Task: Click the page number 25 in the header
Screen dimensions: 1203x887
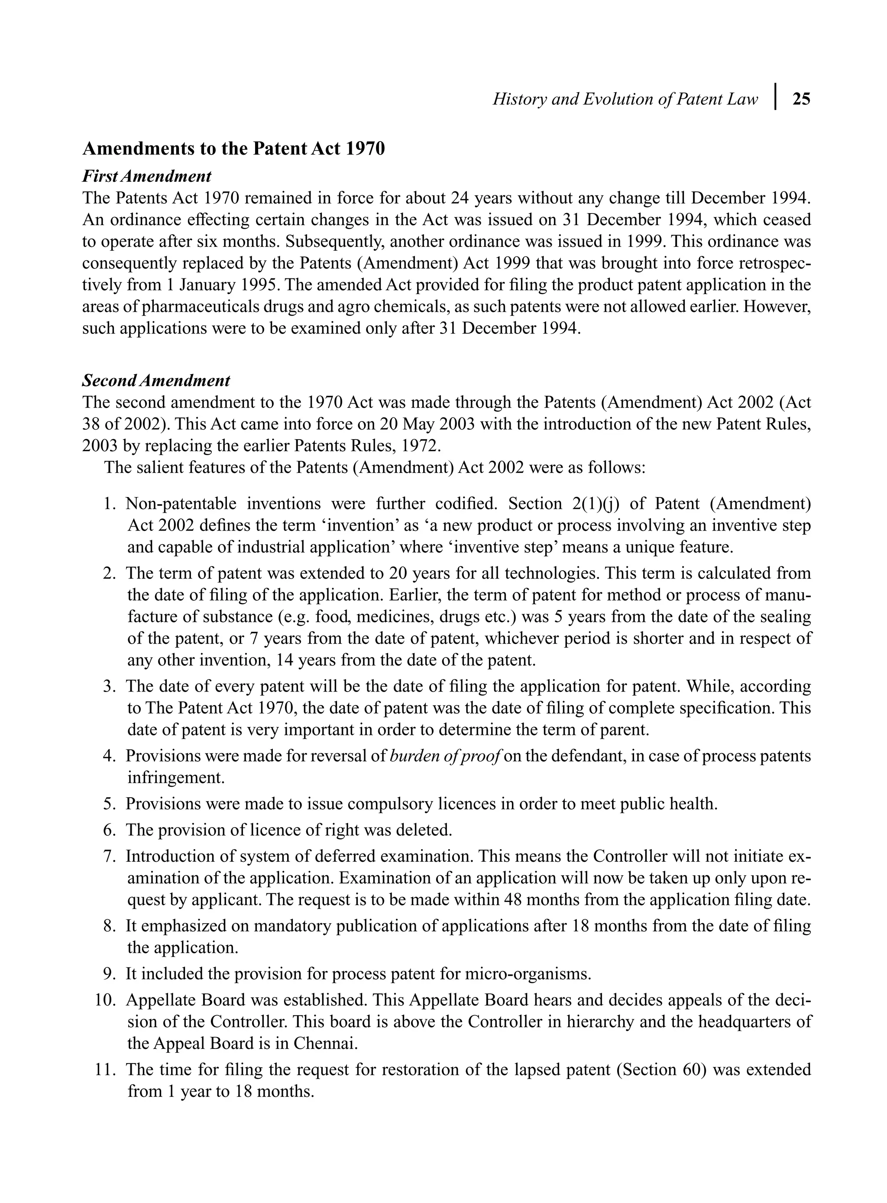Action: pos(801,99)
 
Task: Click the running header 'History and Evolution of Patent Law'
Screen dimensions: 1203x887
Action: pos(625,99)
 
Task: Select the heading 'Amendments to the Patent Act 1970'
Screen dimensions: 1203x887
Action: pos(233,149)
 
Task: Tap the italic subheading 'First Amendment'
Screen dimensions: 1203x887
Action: pos(146,176)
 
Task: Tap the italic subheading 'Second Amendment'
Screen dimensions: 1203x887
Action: pos(156,381)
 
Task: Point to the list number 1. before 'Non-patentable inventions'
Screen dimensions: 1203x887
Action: pos(110,504)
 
